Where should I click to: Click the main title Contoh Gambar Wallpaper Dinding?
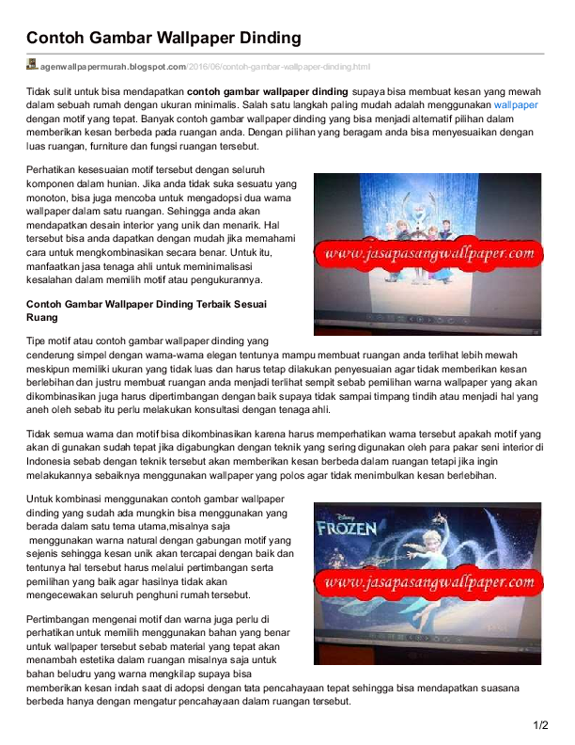coord(163,38)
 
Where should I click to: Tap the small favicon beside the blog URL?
coord(32,65)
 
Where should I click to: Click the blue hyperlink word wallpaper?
coord(516,105)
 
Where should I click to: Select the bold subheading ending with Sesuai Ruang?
coord(146,310)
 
